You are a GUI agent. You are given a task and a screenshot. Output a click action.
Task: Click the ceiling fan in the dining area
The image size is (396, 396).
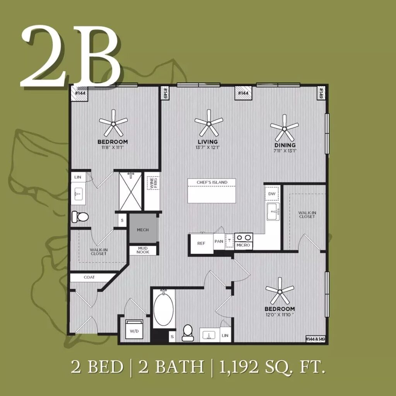pyautogui.click(x=284, y=128)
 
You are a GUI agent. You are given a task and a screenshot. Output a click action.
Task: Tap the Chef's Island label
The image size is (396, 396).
pyautogui.click(x=212, y=182)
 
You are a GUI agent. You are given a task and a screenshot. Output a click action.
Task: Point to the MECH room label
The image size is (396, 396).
pyautogui.click(x=143, y=230)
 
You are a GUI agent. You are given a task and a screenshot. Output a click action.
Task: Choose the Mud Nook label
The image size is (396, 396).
pyautogui.click(x=143, y=250)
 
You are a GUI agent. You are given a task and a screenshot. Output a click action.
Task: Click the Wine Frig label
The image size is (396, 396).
pyautogui.click(x=153, y=183)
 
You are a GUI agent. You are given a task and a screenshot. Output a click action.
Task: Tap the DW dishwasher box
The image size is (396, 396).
pyautogui.click(x=272, y=194)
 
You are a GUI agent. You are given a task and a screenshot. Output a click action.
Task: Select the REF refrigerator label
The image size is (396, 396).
pyautogui.click(x=201, y=244)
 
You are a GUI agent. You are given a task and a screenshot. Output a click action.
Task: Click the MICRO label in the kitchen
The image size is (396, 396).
pyautogui.click(x=243, y=245)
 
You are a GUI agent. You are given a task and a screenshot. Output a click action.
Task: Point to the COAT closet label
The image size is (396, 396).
pyautogui.click(x=89, y=277)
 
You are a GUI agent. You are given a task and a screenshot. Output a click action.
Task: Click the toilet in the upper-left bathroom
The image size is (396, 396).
pyautogui.click(x=80, y=217)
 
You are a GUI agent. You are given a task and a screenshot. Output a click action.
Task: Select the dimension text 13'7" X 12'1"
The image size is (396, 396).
pyautogui.click(x=208, y=147)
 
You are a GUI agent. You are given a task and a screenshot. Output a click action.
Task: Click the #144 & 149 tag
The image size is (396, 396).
pyautogui.click(x=315, y=339)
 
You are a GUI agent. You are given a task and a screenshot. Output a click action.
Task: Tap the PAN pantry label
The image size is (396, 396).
pyautogui.click(x=219, y=241)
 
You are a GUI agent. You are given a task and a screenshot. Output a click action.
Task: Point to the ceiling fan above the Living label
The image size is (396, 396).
pyautogui.click(x=208, y=123)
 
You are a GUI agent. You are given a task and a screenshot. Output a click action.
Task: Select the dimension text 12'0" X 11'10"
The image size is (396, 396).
pyautogui.click(x=280, y=315)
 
